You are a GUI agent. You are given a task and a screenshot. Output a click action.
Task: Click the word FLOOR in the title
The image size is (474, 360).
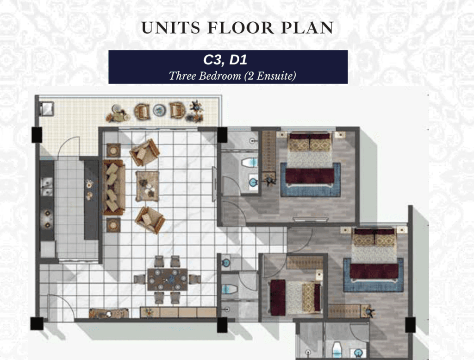coord(241,28)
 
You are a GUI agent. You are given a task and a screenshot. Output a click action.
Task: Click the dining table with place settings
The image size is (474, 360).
coord(167,279)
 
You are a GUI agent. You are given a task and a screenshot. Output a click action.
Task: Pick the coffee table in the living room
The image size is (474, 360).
coord(147,186)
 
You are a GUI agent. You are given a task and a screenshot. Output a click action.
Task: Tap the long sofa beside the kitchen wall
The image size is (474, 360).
coord(114,187)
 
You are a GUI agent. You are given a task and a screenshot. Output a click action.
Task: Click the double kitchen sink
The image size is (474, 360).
coord(47,187)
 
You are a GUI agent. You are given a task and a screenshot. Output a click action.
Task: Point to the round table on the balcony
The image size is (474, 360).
coord(159,110)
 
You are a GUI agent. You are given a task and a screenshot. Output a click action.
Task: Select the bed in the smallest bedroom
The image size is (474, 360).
coord(296,297)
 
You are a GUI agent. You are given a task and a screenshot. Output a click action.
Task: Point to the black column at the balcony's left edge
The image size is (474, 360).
coord(37,135)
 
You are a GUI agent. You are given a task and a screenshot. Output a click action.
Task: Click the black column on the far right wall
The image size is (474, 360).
coord(410,325)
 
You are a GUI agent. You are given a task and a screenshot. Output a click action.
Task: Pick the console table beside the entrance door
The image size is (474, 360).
coord(109,314)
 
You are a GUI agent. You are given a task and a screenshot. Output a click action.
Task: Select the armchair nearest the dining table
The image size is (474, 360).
coord(150,220)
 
